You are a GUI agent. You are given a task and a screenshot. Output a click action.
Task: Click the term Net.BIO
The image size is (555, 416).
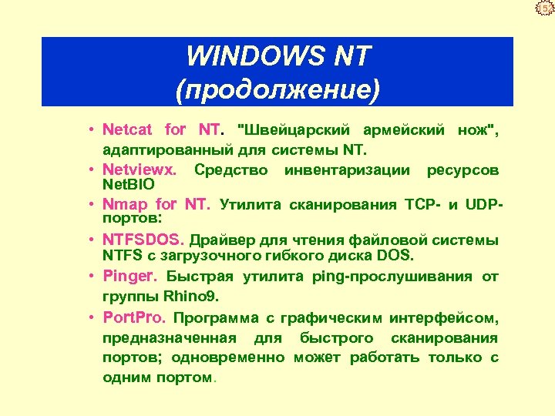click(x=129, y=185)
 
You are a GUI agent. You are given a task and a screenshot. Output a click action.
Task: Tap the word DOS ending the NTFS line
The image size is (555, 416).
click(x=398, y=255)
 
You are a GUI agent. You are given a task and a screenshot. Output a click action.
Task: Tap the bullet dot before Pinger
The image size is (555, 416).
click(x=91, y=276)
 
